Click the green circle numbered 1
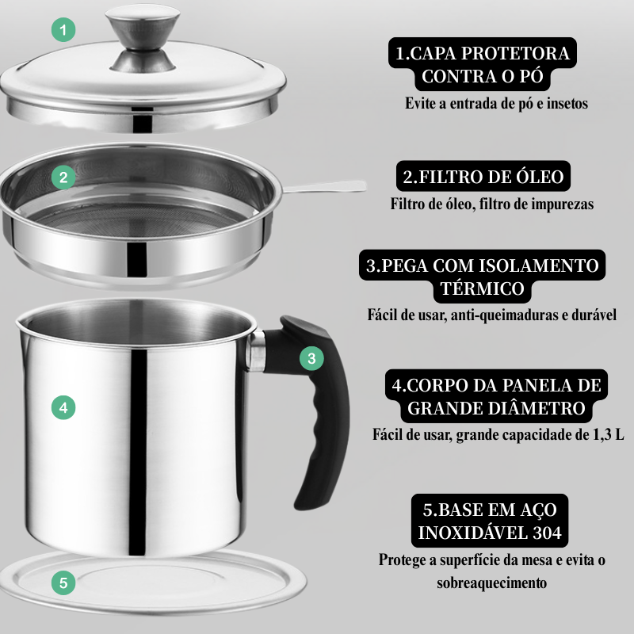pos(63,31)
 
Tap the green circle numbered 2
pos(63,177)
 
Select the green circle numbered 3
pos(312,357)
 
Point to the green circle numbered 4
pos(63,408)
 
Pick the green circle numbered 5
pos(63,584)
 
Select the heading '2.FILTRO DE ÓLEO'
pos(483,176)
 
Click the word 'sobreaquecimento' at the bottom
pos(491,582)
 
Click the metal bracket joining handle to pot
pos(258,351)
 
